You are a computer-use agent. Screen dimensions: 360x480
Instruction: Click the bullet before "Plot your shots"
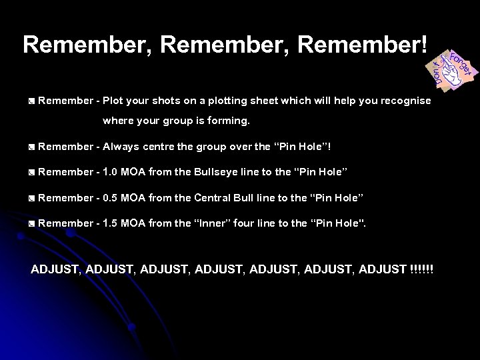pos(31,101)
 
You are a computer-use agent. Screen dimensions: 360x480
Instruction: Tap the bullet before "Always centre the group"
pos(31,146)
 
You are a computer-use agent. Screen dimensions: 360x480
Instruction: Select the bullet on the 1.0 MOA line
pos(31,172)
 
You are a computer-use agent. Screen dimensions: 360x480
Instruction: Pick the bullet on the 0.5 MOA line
pos(31,198)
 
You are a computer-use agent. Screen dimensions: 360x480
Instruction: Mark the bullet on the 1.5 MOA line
pos(31,223)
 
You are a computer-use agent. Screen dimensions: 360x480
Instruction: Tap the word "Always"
pos(122,146)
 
